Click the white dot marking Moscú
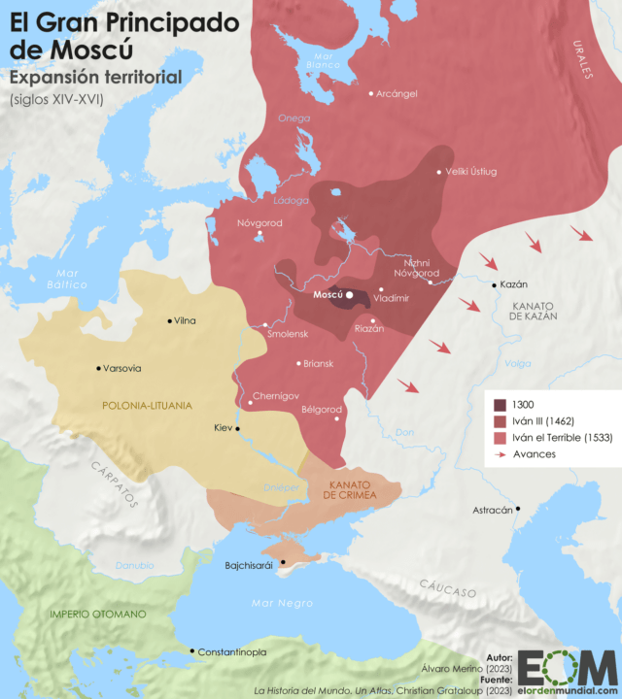[350, 294]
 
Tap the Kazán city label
[515, 284]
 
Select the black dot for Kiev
[237, 428]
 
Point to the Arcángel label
[397, 93]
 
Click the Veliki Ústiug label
[470, 172]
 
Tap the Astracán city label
[492, 510]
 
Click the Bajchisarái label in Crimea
[250, 563]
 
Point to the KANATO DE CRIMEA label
[350, 489]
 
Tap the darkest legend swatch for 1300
[500, 405]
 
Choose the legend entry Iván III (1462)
[549, 421]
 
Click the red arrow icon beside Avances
[500, 454]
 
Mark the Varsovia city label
[121, 368]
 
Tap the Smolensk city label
[288, 334]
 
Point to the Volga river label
[517, 364]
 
